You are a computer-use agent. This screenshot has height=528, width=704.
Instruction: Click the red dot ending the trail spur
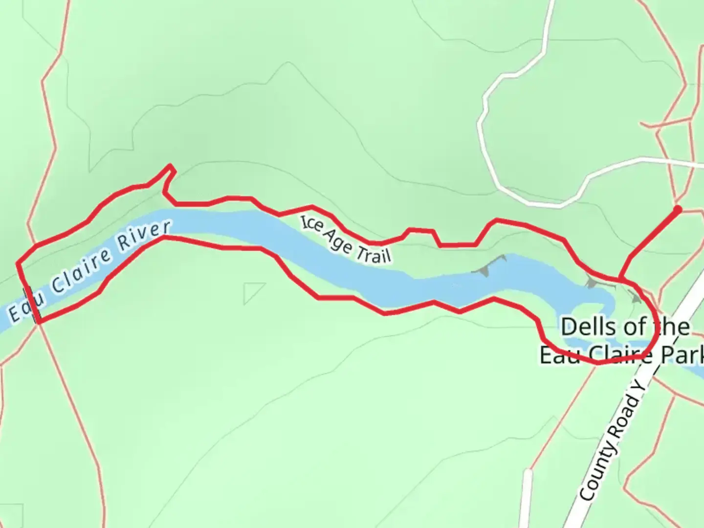[x=677, y=210]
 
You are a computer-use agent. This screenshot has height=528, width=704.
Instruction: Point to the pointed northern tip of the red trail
[x=170, y=166]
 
